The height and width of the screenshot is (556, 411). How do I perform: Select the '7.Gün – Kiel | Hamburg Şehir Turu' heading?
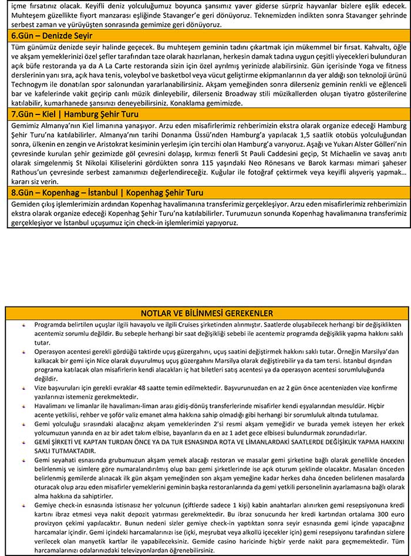point(75,114)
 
